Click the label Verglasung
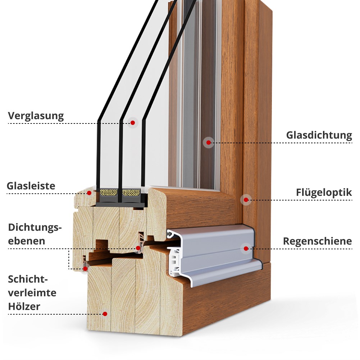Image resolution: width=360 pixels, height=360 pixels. pos(36,116)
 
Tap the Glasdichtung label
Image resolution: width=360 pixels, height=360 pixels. pos(319,135)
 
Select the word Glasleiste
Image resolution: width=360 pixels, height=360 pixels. pos(31,186)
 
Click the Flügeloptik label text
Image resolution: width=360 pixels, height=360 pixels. pos(324,192)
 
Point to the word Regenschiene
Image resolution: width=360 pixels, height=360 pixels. pos(317,241)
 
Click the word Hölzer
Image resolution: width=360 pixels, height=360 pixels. pos(24,306)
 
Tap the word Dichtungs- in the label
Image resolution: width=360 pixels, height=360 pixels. pos(35,228)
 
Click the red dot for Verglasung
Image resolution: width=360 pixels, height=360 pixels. pos(132,123)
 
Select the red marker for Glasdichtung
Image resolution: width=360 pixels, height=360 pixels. pos(209,143)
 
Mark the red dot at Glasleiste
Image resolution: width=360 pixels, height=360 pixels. pos(89,193)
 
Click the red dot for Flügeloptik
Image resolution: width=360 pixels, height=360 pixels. pos(246,200)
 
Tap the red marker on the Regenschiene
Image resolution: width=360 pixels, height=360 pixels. pos(246,248)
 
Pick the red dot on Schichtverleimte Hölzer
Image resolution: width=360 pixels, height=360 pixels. pos(105,314)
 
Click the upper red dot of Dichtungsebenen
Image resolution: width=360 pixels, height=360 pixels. pos(138,248)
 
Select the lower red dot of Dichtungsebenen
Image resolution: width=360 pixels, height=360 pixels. pos(85,269)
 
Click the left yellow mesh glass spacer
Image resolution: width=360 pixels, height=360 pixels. pos(109,192)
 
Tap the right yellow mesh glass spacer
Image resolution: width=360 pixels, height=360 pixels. pos(131,193)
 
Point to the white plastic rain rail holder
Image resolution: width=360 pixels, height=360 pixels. pos(175,262)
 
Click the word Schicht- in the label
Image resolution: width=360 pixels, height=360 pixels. pos(28,279)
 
